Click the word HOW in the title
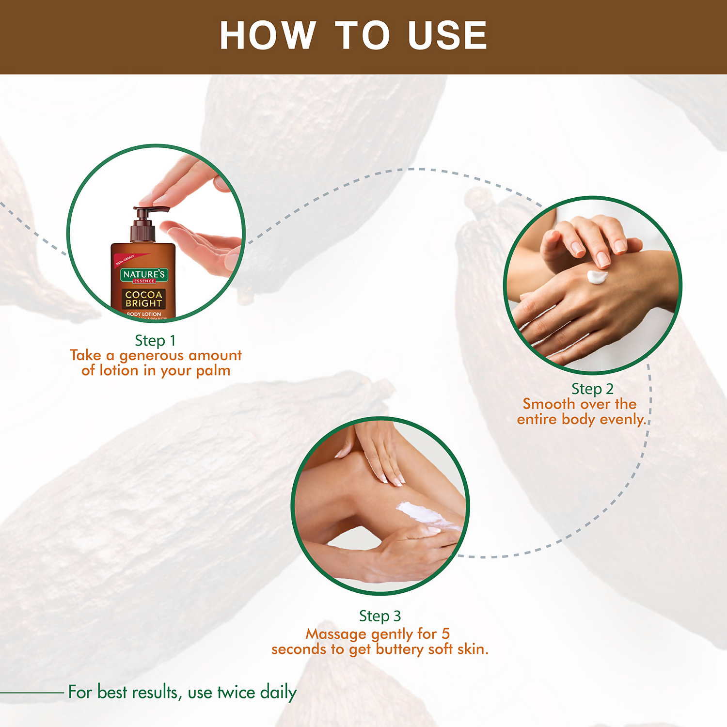pos(267,36)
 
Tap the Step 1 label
pos(155,341)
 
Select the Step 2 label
pos(592,389)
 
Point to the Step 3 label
pos(380,616)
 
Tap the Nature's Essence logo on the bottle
pos(144,276)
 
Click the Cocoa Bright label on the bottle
pos(144,299)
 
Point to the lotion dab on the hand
pos(597,277)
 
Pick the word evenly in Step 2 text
pos(623,419)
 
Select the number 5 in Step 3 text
pos(445,634)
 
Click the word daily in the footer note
pos(278,692)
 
